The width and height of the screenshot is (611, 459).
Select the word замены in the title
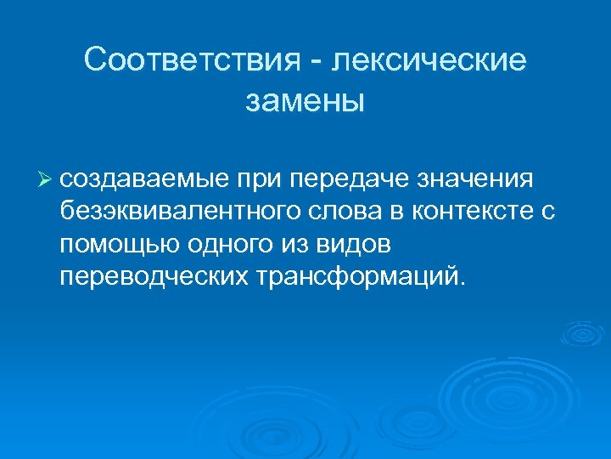[305, 101]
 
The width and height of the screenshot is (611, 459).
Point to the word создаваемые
[144, 180]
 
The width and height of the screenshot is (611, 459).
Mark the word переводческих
[153, 277]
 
